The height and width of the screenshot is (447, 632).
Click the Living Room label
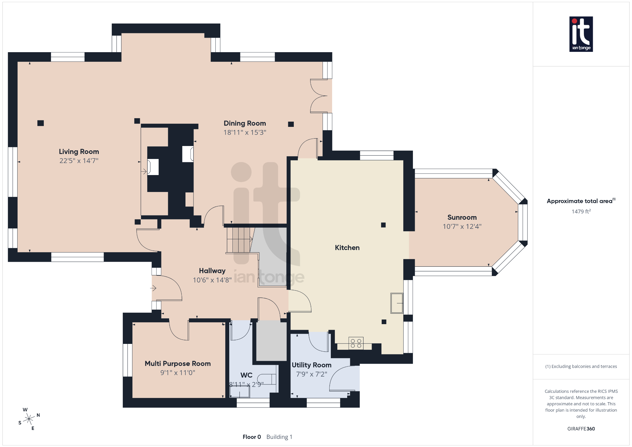[79, 152]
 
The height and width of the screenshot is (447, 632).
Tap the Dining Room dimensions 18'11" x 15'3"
[245, 132]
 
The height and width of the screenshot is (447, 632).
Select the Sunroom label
[462, 217]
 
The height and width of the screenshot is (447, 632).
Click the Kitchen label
[347, 248]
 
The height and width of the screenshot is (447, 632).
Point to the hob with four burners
[356, 343]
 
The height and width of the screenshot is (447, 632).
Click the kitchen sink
[397, 303]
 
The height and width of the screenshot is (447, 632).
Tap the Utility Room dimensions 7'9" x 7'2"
[311, 374]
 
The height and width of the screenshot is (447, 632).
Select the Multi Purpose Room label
[177, 364]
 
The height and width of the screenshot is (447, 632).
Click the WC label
[246, 375]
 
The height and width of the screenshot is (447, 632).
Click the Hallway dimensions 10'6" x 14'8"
[212, 280]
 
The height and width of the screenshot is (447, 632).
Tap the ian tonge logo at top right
[581, 34]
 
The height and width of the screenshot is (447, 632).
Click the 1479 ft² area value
[581, 211]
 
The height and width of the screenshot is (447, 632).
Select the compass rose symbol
[29, 419]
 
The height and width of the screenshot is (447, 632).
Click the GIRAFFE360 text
[581, 428]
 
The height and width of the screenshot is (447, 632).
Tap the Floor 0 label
[252, 437]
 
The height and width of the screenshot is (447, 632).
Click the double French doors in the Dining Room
[320, 96]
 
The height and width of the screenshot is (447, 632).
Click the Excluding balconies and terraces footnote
[581, 366]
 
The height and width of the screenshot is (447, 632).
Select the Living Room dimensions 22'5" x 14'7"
[79, 161]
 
